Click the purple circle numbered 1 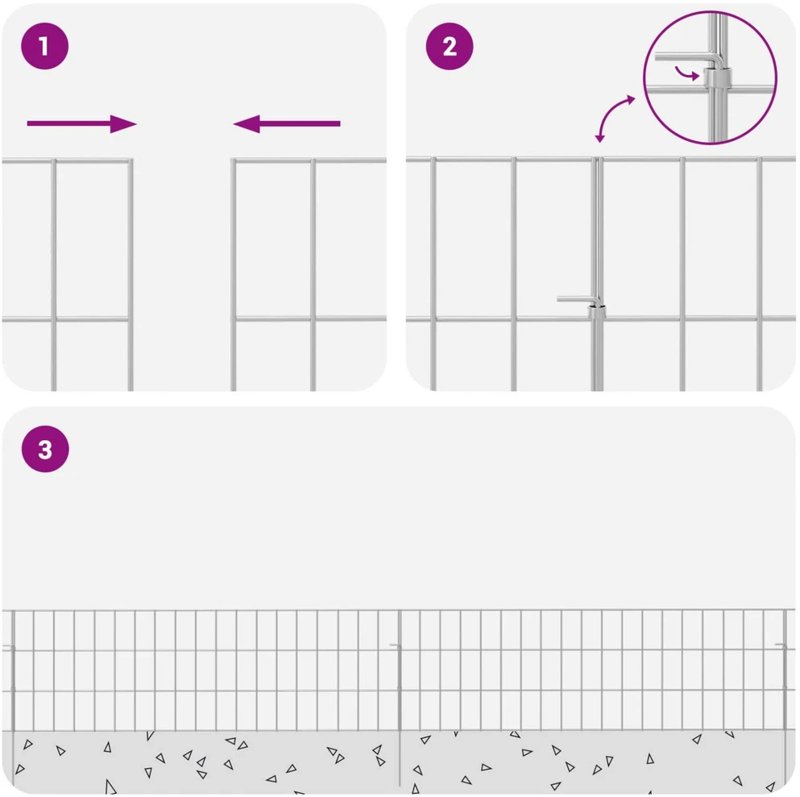(x=44, y=46)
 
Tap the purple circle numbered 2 (x=449, y=46)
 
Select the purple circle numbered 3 (x=45, y=449)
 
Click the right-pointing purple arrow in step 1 (x=81, y=123)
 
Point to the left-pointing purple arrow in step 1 (x=287, y=123)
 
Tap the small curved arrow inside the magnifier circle (x=686, y=73)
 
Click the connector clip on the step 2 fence (x=596, y=312)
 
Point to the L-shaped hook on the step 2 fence (x=579, y=299)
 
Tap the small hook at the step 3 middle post (x=396, y=646)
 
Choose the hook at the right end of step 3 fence (x=781, y=646)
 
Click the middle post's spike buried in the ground (x=400, y=759)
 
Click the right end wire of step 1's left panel (x=131, y=275)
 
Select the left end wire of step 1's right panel (x=233, y=275)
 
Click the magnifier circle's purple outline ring (x=644, y=77)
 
